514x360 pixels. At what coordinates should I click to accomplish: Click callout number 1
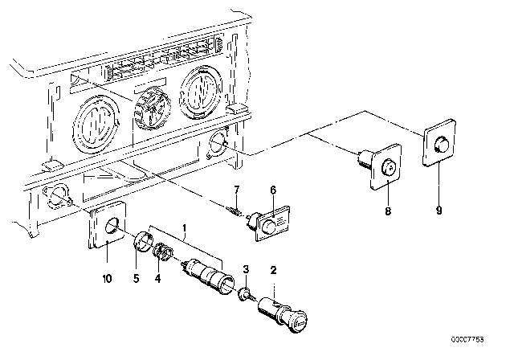click(185, 228)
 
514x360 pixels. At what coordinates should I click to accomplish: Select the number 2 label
click(273, 271)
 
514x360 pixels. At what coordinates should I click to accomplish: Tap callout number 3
click(246, 269)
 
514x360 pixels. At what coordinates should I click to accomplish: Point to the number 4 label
click(157, 279)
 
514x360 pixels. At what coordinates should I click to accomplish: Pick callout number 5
click(136, 278)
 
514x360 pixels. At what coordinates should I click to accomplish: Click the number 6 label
click(273, 190)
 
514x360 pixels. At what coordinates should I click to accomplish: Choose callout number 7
click(237, 190)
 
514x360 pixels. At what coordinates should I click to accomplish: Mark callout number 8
click(388, 211)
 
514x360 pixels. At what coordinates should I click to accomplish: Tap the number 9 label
click(439, 211)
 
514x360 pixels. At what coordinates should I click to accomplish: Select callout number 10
click(107, 278)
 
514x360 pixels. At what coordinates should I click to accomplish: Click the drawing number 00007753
click(467, 339)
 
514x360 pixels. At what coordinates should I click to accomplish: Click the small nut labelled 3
click(244, 293)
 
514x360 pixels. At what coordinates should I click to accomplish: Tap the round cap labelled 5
click(143, 242)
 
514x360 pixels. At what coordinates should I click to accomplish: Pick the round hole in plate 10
click(113, 227)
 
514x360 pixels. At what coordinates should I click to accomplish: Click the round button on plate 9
click(441, 145)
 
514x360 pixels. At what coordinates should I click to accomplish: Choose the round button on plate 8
click(389, 167)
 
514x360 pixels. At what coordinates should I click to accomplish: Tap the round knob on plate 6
click(270, 227)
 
